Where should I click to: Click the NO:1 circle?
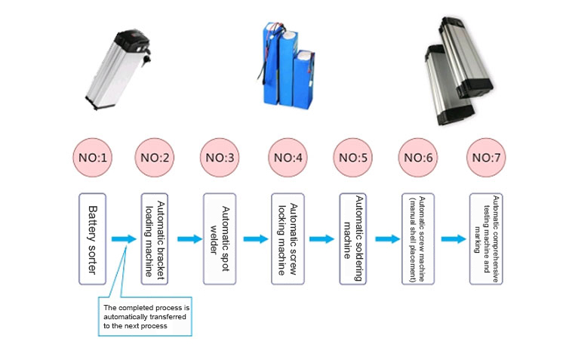point(92,158)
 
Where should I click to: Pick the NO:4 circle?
point(288,158)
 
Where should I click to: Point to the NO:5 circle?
point(353,158)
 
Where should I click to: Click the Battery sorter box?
point(94,238)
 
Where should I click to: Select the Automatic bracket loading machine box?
point(155,238)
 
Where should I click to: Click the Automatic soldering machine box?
point(353,238)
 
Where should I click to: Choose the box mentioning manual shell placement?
point(418,238)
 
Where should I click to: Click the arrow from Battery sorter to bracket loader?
point(122,238)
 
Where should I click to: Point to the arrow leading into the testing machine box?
point(454,238)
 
